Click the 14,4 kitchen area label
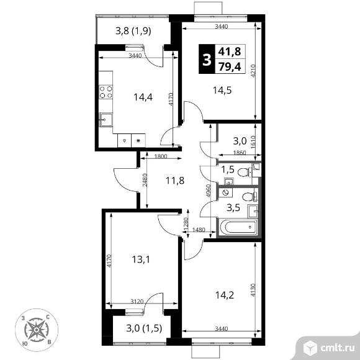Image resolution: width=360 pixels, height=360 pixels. (x=143, y=97)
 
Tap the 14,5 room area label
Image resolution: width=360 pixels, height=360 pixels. (x=222, y=90)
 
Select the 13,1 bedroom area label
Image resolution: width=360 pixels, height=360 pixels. (x=141, y=259)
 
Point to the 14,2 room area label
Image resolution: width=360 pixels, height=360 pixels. (x=225, y=295)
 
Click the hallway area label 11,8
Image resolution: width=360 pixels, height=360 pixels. (x=175, y=181)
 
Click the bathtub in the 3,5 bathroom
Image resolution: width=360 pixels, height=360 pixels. (x=238, y=227)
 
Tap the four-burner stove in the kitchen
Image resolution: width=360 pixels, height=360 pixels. (x=106, y=92)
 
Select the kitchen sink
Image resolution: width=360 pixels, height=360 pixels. (x=106, y=120)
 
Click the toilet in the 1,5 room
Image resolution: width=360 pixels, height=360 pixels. (x=245, y=172)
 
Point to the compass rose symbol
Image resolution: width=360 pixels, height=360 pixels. (x=37, y=330)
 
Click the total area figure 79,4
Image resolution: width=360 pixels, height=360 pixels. (x=230, y=67)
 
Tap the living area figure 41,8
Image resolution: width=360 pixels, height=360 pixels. (x=230, y=52)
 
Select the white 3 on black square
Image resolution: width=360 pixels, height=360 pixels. (x=207, y=59)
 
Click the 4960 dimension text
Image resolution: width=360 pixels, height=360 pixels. (x=208, y=191)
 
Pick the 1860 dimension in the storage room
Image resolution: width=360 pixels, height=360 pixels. (x=240, y=153)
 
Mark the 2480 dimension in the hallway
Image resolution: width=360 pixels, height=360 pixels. (x=145, y=180)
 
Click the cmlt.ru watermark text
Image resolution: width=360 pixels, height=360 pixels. (x=337, y=349)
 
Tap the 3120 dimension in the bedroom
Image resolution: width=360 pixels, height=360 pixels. (x=137, y=301)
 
